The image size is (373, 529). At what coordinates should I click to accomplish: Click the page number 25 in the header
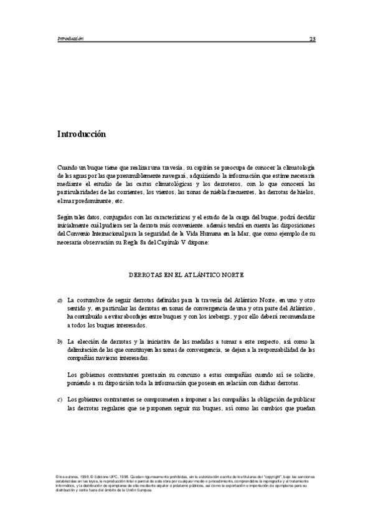pyautogui.click(x=313, y=39)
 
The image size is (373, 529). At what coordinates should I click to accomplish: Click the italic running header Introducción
pyautogui.click(x=70, y=39)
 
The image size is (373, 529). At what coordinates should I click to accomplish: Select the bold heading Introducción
pyautogui.click(x=81, y=134)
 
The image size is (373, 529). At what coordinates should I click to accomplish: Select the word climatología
pyautogui.click(x=297, y=168)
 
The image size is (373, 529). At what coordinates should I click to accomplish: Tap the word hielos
pyautogui.click(x=305, y=193)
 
